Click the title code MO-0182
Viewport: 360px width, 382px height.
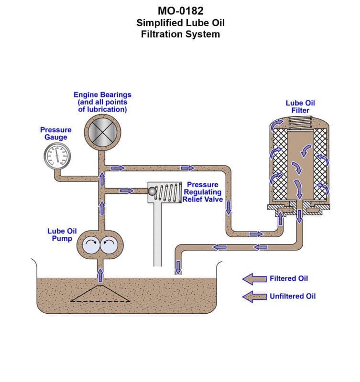[x=180, y=11]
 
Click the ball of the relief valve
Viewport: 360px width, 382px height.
[x=152, y=191]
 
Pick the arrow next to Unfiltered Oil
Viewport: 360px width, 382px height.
[x=254, y=297]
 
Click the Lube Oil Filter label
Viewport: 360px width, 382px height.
[x=300, y=106]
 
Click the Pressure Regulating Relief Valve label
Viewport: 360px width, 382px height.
[x=203, y=191]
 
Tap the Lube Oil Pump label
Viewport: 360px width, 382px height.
[x=62, y=234]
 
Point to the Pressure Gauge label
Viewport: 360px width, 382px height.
[x=55, y=133]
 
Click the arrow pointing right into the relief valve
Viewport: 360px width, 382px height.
[x=127, y=191]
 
